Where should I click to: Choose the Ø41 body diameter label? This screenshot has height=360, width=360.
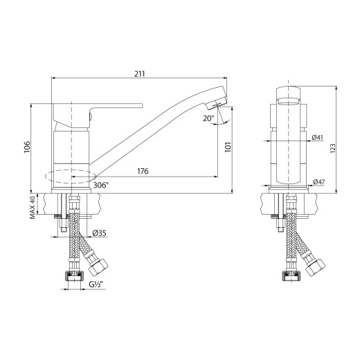[317, 138]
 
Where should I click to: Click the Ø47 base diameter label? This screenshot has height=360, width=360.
[318, 182]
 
